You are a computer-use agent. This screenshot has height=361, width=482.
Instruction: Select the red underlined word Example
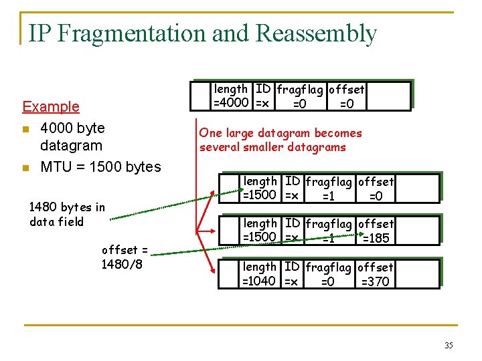click(51, 106)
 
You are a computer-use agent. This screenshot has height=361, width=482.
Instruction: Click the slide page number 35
click(449, 346)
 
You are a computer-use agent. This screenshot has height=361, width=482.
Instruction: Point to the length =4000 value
click(232, 103)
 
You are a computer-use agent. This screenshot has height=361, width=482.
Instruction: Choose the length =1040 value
click(259, 281)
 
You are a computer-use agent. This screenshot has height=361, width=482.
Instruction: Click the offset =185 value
click(376, 238)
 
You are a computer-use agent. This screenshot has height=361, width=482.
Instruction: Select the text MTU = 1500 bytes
click(100, 166)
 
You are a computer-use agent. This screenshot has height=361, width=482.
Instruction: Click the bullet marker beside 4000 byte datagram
click(26, 128)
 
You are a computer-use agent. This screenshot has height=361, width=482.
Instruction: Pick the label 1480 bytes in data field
click(67, 215)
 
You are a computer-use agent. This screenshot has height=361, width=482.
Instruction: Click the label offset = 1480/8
click(125, 257)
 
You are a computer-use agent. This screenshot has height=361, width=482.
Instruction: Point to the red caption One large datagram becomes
click(280, 133)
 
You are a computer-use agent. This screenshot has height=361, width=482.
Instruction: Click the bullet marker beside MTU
click(26, 167)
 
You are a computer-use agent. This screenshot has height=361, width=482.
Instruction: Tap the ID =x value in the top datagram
click(262, 103)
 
